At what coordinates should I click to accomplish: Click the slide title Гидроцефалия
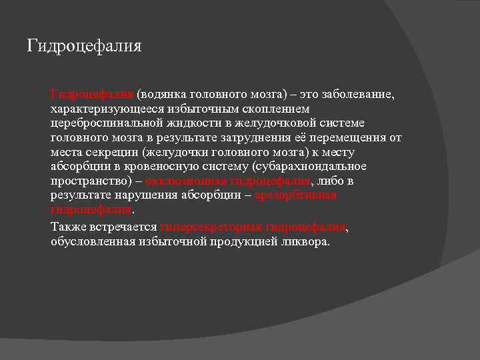point(84,46)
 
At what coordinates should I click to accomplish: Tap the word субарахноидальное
point(306,167)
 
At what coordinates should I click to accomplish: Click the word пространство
point(91,181)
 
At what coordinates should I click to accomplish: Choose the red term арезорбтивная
point(296,195)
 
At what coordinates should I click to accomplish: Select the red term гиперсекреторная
point(211,227)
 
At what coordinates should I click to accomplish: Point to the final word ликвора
point(307,241)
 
